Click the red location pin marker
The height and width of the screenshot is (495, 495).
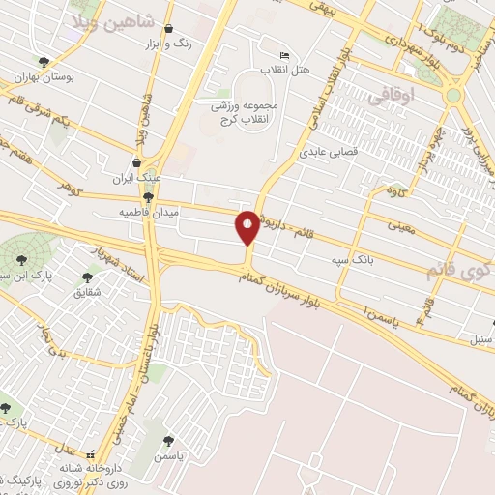click(x=247, y=226)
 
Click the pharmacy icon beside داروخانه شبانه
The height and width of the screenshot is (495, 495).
click(x=91, y=454)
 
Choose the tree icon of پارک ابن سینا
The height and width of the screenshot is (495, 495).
click(x=21, y=258)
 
